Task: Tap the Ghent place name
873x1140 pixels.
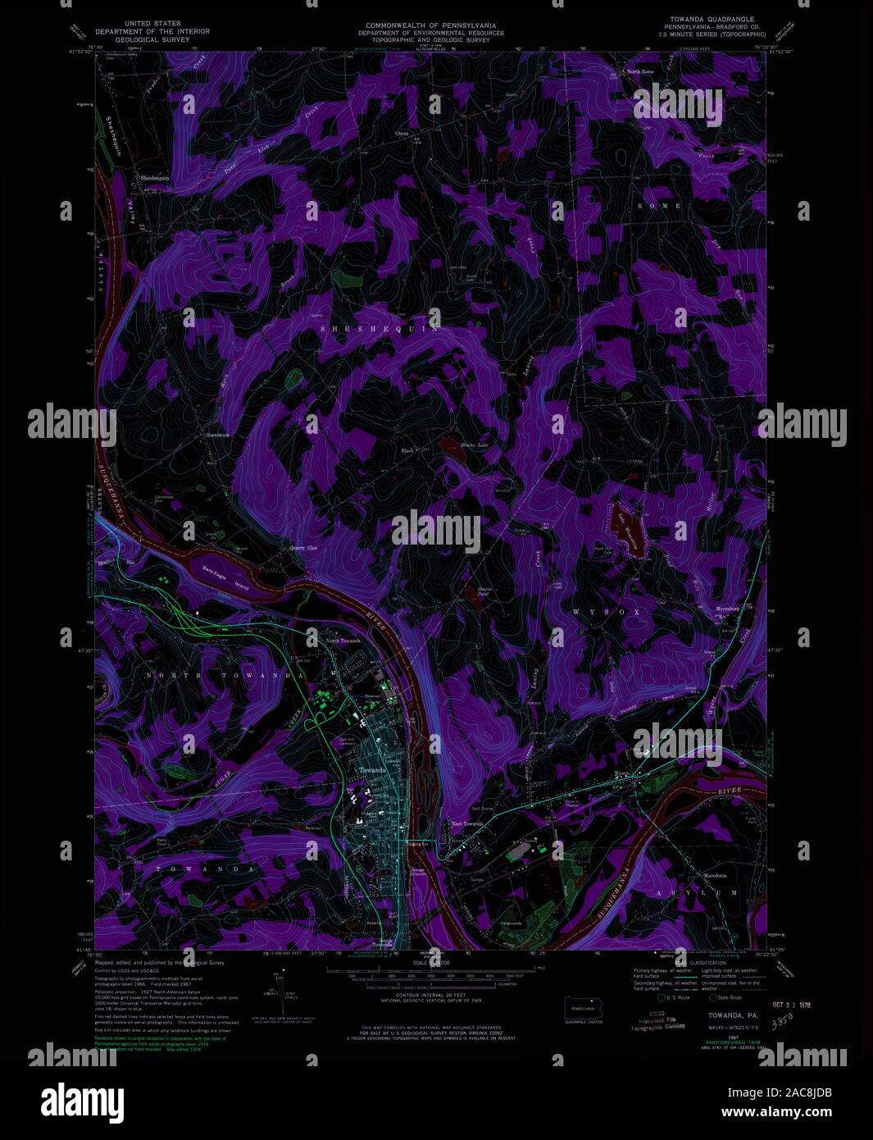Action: pyautogui.click(x=402, y=134)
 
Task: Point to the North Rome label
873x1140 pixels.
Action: pyautogui.click(x=641, y=72)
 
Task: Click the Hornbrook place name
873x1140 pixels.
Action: pyautogui.click(x=218, y=435)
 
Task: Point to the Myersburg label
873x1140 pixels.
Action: pyautogui.click(x=728, y=609)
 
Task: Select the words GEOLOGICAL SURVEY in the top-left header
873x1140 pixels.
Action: pyautogui.click(x=152, y=39)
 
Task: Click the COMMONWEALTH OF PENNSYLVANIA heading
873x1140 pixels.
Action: pyautogui.click(x=430, y=26)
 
